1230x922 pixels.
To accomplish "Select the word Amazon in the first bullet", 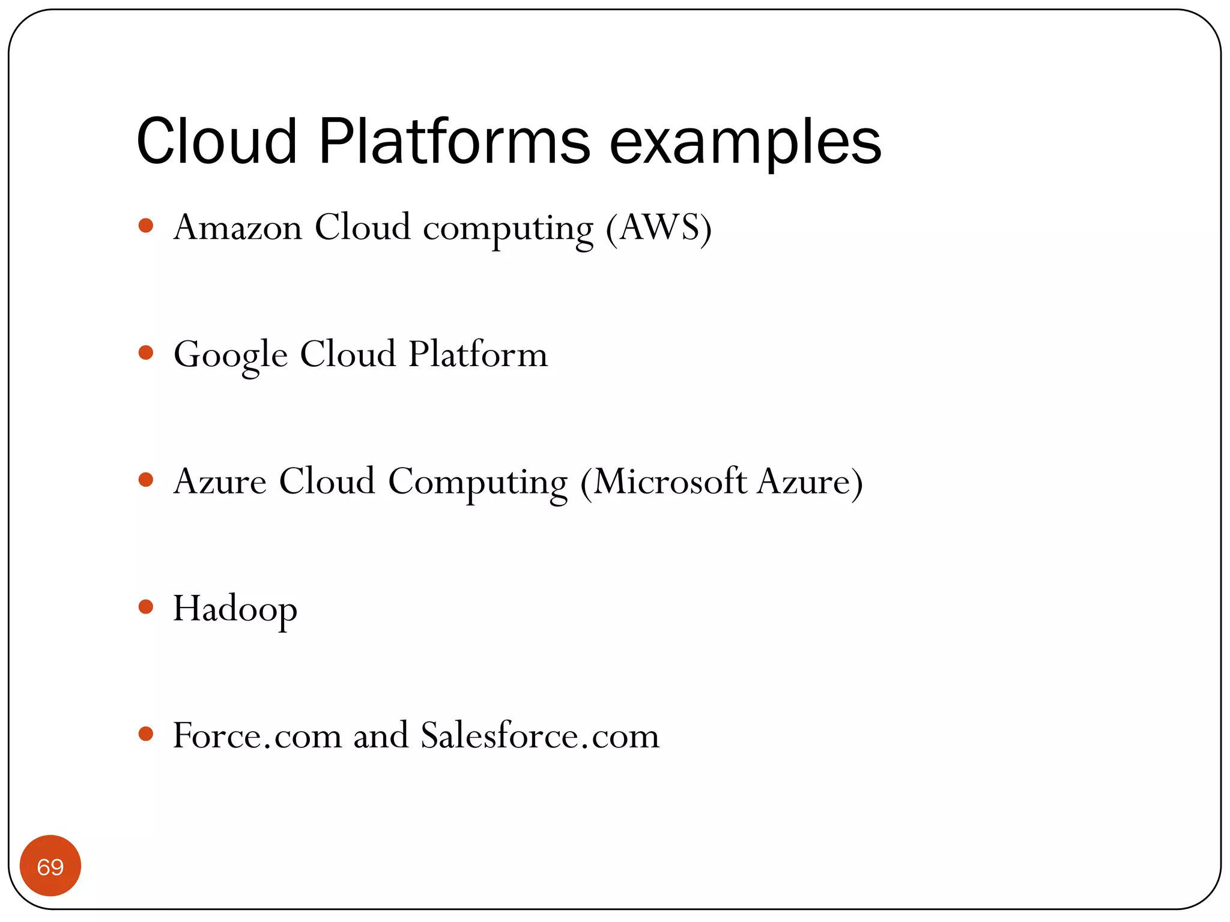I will coord(238,227).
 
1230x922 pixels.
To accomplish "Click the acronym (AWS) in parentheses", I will coord(659,227).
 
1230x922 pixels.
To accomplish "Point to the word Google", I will coord(231,355).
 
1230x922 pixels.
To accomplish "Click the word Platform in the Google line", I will coord(478,354).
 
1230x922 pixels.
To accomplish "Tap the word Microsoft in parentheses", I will coord(670,481).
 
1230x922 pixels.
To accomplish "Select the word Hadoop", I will coord(235,609).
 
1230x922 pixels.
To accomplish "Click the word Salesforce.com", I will coord(539,735).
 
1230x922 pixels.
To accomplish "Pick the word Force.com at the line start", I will coord(257,735).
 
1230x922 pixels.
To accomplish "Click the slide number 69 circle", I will coord(50,866).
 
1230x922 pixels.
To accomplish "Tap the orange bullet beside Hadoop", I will coord(146,606).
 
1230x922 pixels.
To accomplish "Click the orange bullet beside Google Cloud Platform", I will coord(146,352).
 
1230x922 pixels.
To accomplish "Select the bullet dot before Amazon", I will coord(146,226).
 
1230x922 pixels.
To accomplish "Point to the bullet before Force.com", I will coord(146,734).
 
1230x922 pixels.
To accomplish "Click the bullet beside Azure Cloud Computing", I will coord(146,480).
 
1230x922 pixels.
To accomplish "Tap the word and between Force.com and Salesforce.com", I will coord(381,735).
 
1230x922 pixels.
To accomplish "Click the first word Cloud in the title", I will coord(217,142).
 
